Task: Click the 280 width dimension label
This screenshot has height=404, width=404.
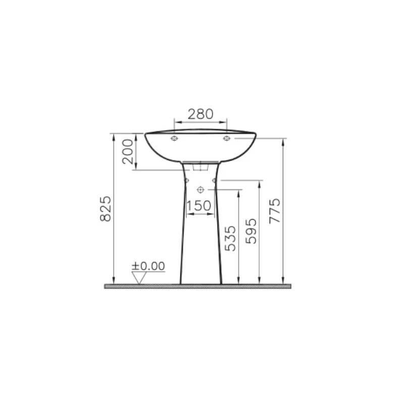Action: pos(200,114)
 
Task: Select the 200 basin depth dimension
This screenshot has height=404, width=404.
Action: pos(128,151)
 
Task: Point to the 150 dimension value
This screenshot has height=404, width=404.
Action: pos(198,206)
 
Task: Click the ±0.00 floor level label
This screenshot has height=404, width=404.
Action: pos(148,266)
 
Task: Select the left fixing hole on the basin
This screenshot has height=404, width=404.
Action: pos(174,138)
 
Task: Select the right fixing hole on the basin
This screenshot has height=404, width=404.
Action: pos(227,138)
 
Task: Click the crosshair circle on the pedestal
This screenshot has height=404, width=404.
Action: pos(200,189)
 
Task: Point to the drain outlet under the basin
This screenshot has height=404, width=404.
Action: pos(200,166)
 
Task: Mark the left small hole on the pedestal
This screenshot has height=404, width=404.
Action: pos(186,180)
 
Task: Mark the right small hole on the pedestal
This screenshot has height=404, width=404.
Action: pos(215,180)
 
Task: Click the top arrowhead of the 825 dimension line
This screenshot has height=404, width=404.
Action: pos(114,136)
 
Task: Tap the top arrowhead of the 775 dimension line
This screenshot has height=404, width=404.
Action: pos(283,140)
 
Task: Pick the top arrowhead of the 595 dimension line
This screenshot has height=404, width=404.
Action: pos(259,183)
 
